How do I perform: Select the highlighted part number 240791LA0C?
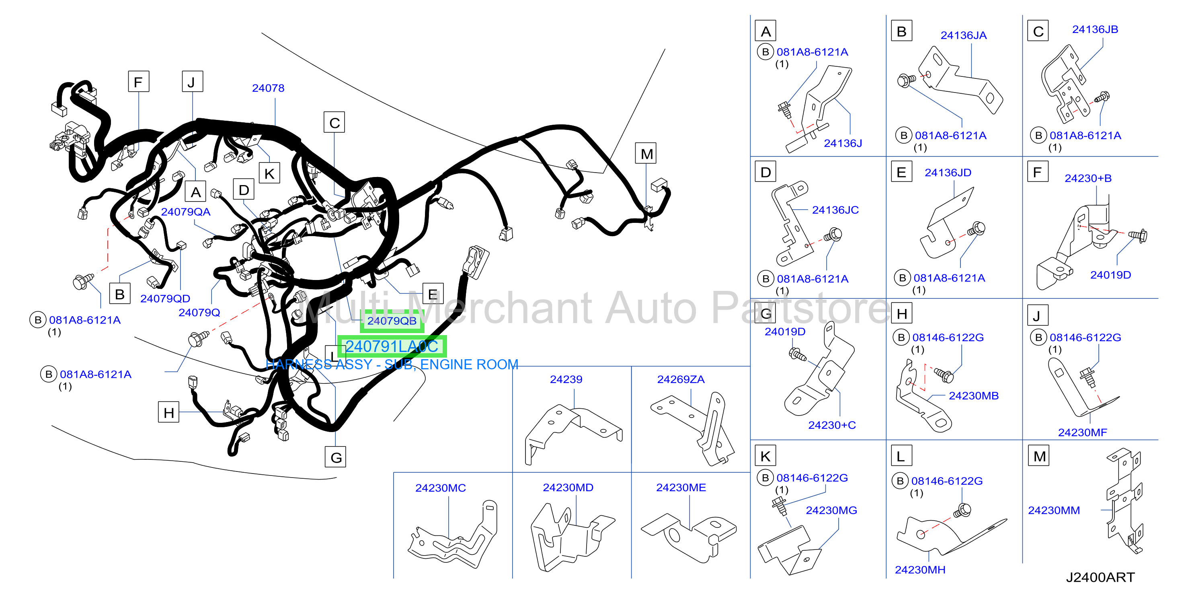point(392,346)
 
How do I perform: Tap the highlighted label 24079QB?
point(392,321)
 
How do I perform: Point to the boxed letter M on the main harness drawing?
point(646,154)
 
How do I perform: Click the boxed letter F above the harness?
point(138,82)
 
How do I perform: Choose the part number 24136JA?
point(963,35)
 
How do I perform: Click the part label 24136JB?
point(1095,29)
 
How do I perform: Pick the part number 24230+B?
point(1088,178)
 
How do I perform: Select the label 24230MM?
point(1054,510)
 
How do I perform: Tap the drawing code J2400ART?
point(1100,577)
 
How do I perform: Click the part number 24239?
point(566,379)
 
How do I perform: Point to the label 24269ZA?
point(681,379)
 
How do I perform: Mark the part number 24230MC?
point(441,488)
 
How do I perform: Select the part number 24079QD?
point(165,298)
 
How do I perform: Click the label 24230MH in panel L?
point(920,570)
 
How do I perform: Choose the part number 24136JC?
point(835,210)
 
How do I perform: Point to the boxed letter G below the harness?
point(336,457)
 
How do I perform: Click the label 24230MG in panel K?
point(831,510)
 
